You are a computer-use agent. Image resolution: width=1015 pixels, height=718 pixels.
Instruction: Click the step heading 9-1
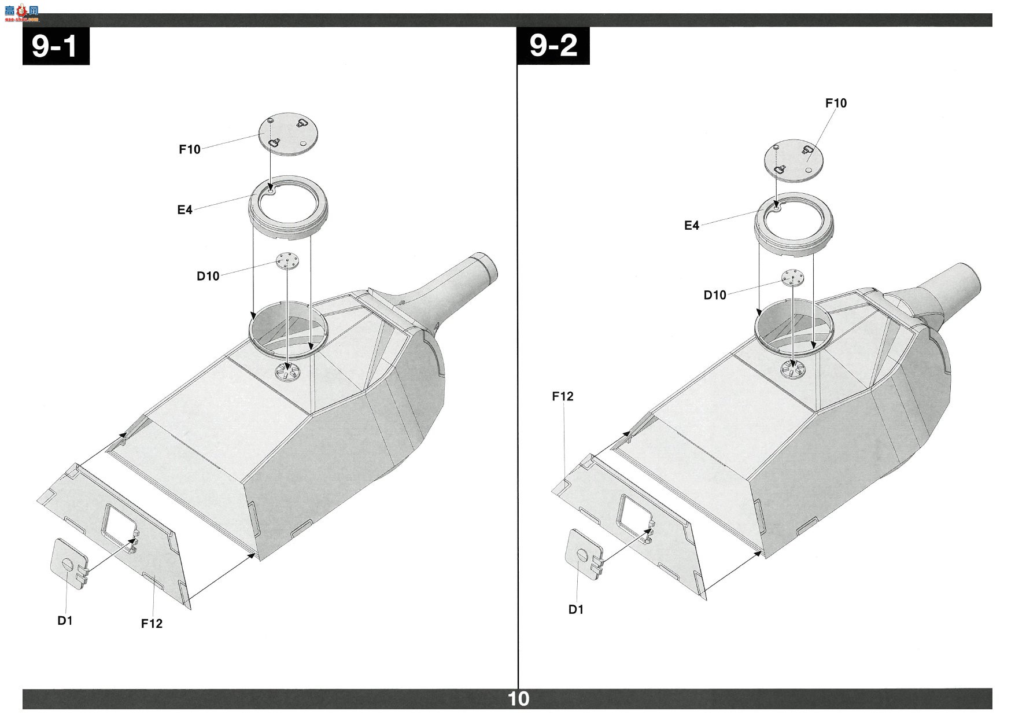click(x=56, y=46)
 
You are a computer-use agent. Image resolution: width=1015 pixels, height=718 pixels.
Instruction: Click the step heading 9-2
click(x=553, y=46)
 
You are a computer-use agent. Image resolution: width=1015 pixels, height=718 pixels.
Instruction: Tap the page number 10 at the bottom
click(x=518, y=699)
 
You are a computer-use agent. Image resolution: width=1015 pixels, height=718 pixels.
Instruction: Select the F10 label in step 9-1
click(x=190, y=149)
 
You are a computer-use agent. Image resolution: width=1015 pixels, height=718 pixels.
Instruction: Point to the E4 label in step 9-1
click(x=184, y=210)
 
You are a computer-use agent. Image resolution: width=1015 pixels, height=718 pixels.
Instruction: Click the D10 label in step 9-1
click(x=208, y=276)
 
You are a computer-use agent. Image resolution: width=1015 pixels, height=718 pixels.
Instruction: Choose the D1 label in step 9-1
click(x=65, y=621)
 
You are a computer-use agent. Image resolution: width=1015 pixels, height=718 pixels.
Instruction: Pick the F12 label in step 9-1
click(x=152, y=624)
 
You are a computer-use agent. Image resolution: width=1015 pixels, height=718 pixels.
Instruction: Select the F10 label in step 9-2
click(x=836, y=103)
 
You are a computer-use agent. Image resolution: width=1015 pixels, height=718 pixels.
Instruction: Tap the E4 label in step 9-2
click(x=692, y=226)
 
